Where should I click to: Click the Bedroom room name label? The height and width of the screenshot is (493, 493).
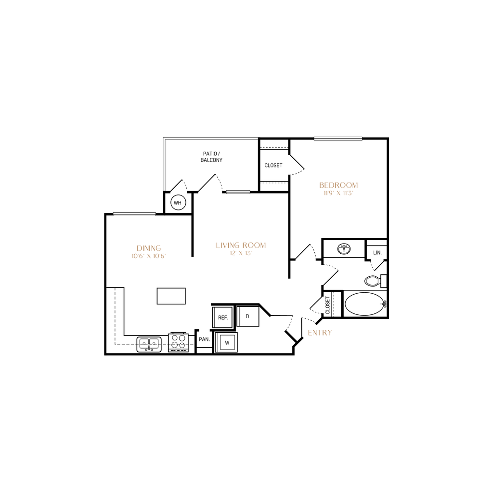(x=338, y=185)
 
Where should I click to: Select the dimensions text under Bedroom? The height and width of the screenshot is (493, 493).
(x=338, y=194)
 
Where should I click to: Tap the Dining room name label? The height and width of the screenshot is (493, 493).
(x=148, y=247)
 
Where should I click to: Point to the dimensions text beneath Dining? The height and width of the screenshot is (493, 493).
(x=148, y=256)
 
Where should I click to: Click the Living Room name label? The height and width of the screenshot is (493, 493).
(x=241, y=245)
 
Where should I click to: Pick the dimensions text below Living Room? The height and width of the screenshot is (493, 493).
(x=241, y=253)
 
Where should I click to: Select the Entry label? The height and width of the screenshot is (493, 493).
(x=320, y=333)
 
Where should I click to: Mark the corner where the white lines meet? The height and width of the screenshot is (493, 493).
(x=164, y=138)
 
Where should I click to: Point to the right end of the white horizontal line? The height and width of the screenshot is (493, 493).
(x=257, y=138)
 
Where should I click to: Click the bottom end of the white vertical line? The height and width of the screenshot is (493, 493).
(x=164, y=190)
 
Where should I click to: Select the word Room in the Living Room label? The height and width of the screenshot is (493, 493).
(x=255, y=245)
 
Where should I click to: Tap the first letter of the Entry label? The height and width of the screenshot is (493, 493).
(x=310, y=333)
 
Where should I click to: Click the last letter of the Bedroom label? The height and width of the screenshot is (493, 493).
(x=356, y=185)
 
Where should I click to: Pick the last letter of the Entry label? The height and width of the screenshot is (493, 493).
(x=331, y=333)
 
